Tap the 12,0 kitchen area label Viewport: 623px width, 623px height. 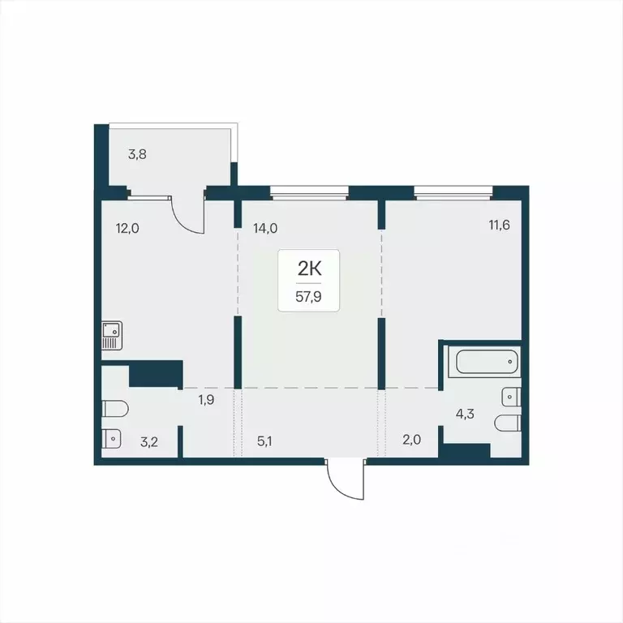click(x=127, y=229)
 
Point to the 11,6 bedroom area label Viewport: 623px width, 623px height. click(x=500, y=226)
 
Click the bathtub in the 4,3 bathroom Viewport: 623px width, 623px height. click(x=485, y=362)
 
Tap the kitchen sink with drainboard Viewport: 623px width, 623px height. click(x=112, y=336)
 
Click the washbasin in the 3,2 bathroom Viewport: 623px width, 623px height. click(x=113, y=439)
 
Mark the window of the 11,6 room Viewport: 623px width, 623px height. click(x=453, y=192)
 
